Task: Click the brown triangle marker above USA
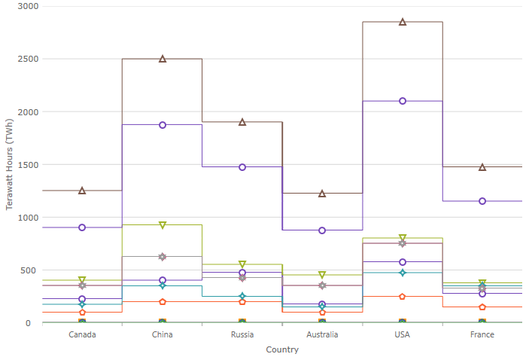tap(403, 22)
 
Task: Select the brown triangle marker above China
tap(163, 59)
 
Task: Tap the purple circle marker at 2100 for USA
tap(403, 101)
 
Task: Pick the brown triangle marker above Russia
tap(242, 122)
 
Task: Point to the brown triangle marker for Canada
tap(82, 191)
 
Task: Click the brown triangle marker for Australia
tap(322, 194)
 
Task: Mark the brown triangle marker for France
tap(482, 167)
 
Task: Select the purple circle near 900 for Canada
tap(82, 227)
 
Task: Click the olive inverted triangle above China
tap(163, 225)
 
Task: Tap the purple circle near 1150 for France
tap(482, 201)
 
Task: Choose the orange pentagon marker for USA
tap(403, 297)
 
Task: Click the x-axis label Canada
tap(82, 334)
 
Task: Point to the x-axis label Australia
tap(322, 334)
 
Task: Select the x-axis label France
tap(482, 334)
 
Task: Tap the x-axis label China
tap(163, 334)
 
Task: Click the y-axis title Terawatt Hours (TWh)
tap(10, 165)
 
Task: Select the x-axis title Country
tap(282, 349)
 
